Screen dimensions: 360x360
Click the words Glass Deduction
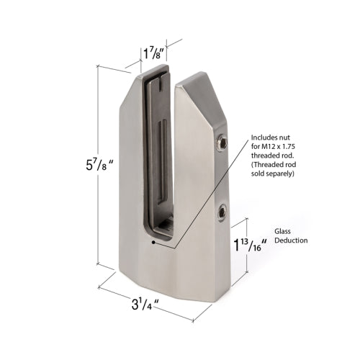(291, 236)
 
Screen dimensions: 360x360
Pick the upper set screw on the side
(223, 145)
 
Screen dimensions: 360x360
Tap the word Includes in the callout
(264, 136)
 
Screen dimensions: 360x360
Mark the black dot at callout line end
(153, 243)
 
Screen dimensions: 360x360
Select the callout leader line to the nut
(202, 187)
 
